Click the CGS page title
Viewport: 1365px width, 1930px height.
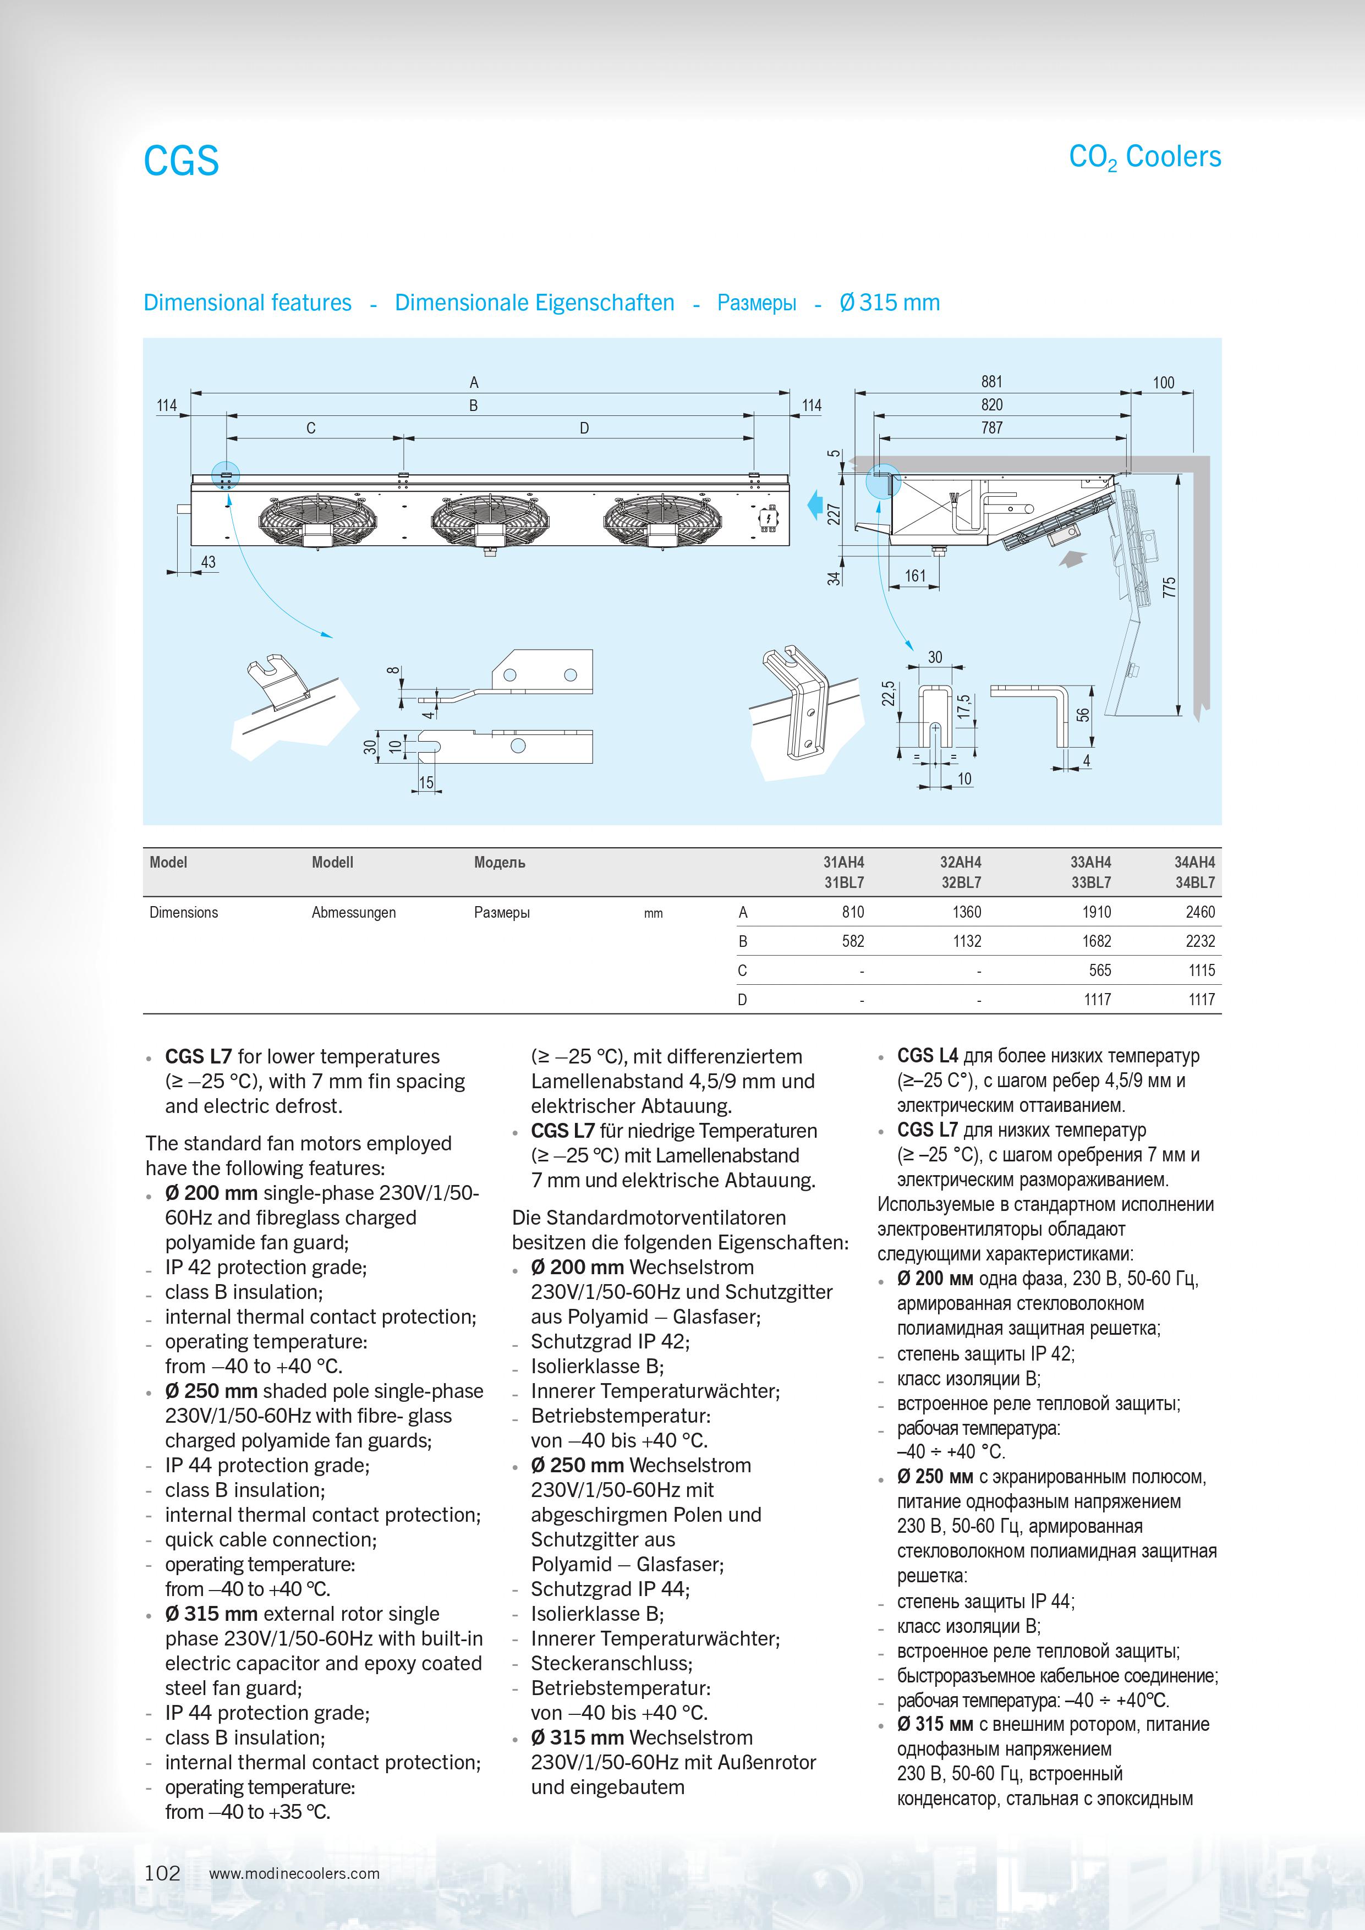(x=182, y=161)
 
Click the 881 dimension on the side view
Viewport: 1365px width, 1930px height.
(x=992, y=382)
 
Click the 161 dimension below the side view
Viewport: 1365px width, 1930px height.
(x=916, y=576)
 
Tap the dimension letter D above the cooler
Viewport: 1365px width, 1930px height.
(x=584, y=428)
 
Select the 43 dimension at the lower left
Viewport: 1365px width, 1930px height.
(x=207, y=562)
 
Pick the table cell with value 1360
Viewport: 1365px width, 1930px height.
(x=967, y=912)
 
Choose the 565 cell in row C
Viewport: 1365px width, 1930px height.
(x=1099, y=970)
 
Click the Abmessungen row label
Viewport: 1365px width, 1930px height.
(x=353, y=913)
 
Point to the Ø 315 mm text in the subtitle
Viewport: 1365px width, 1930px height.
(x=889, y=303)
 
